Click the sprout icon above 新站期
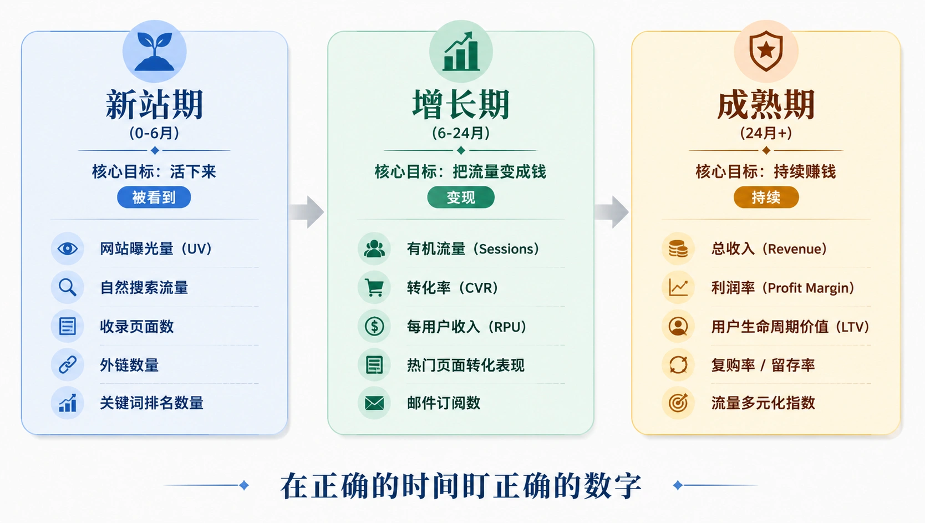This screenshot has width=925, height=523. point(154,51)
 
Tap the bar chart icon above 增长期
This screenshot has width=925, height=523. point(461,51)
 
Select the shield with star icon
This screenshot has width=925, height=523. point(766,51)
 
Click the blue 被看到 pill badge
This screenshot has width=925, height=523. point(154,197)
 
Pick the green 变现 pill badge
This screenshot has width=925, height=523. point(461,197)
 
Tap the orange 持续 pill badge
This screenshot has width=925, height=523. point(766,197)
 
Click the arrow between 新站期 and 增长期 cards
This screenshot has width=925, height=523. point(307,212)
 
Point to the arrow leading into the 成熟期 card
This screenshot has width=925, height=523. point(612,212)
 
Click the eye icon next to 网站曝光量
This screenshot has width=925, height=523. point(67,248)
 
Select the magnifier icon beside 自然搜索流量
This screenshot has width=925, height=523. point(67,287)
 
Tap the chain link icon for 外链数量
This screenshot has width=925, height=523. point(67,365)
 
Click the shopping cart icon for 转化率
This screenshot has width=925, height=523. point(374,287)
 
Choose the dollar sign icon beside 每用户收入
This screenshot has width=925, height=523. point(374,326)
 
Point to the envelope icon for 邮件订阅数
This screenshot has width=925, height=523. point(374,403)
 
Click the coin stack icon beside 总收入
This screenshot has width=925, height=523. point(678,248)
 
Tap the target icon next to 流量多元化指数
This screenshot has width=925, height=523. point(678,403)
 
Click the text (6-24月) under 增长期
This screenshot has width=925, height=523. point(461,133)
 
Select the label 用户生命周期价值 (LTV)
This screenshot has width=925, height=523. point(790,327)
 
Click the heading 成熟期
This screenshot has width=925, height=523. point(766,104)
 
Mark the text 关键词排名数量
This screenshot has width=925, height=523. point(151,403)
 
